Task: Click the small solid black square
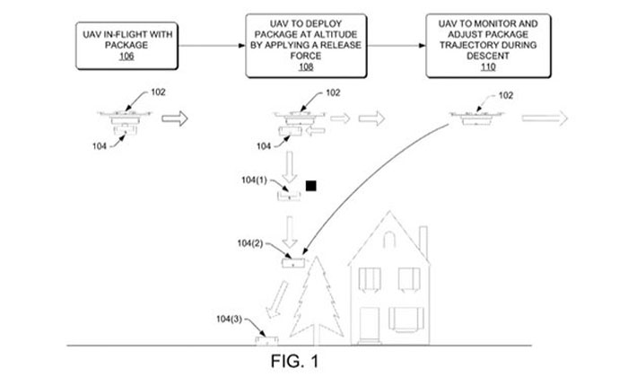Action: click(311, 186)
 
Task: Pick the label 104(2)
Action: click(253, 244)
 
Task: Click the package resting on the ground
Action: click(266, 340)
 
